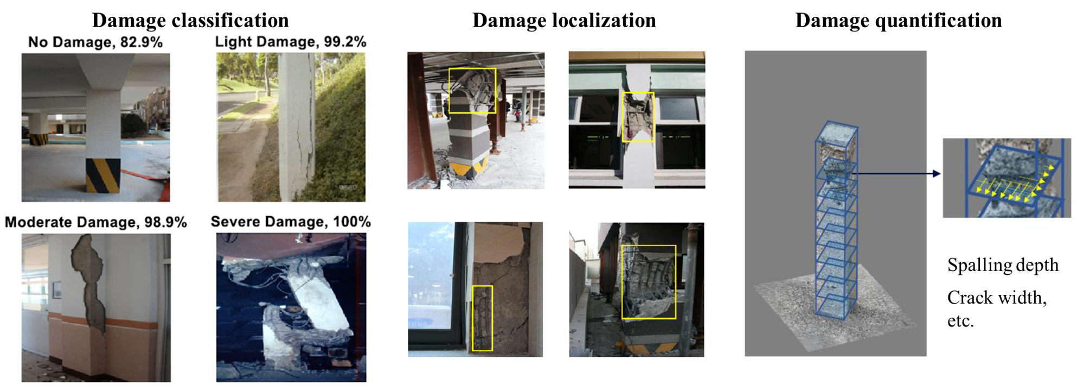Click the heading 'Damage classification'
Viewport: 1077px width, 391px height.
coord(190,21)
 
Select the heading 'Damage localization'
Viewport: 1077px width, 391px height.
coord(564,21)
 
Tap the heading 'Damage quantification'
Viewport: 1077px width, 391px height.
coord(899,21)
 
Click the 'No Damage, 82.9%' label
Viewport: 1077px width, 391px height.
coord(95,42)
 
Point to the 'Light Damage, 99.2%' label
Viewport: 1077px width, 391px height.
coord(291,42)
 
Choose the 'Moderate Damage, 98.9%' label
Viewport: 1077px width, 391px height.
coord(96,222)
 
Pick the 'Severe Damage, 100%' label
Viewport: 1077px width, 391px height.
coord(291,222)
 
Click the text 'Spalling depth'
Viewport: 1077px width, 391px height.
coord(1003,266)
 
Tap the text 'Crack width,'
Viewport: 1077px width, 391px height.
coord(997,298)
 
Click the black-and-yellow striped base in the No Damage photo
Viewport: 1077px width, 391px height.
coord(103,175)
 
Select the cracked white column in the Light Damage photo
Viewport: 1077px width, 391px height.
coord(296,127)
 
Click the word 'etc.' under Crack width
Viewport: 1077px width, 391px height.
coord(960,321)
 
